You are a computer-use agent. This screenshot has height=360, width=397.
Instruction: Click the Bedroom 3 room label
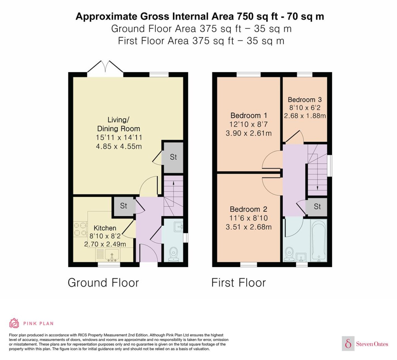[x=305, y=99]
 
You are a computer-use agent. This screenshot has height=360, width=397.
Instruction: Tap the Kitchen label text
[x=105, y=228]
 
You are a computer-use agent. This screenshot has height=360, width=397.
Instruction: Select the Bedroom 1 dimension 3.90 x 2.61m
[x=249, y=133]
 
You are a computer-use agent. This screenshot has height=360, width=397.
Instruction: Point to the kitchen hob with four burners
[x=81, y=229]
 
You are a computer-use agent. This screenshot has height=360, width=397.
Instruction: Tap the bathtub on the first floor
[x=318, y=240]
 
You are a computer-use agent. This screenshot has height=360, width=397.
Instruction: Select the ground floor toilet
[x=174, y=254]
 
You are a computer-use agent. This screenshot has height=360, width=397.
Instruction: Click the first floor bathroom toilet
[x=289, y=254]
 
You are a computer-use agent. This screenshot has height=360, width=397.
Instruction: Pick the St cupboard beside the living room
[x=173, y=157]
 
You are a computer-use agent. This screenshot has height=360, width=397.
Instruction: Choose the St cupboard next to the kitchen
[x=124, y=206]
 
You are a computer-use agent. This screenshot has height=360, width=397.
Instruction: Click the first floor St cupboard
[x=317, y=206]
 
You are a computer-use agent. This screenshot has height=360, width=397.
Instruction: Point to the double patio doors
[x=105, y=67]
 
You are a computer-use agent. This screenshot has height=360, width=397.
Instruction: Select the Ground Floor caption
[x=103, y=283]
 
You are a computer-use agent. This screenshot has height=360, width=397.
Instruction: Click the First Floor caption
[x=239, y=283]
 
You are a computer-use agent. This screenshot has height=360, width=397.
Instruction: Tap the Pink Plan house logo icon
[x=14, y=323]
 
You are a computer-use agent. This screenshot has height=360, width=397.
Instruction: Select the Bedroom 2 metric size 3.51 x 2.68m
[x=249, y=227]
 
